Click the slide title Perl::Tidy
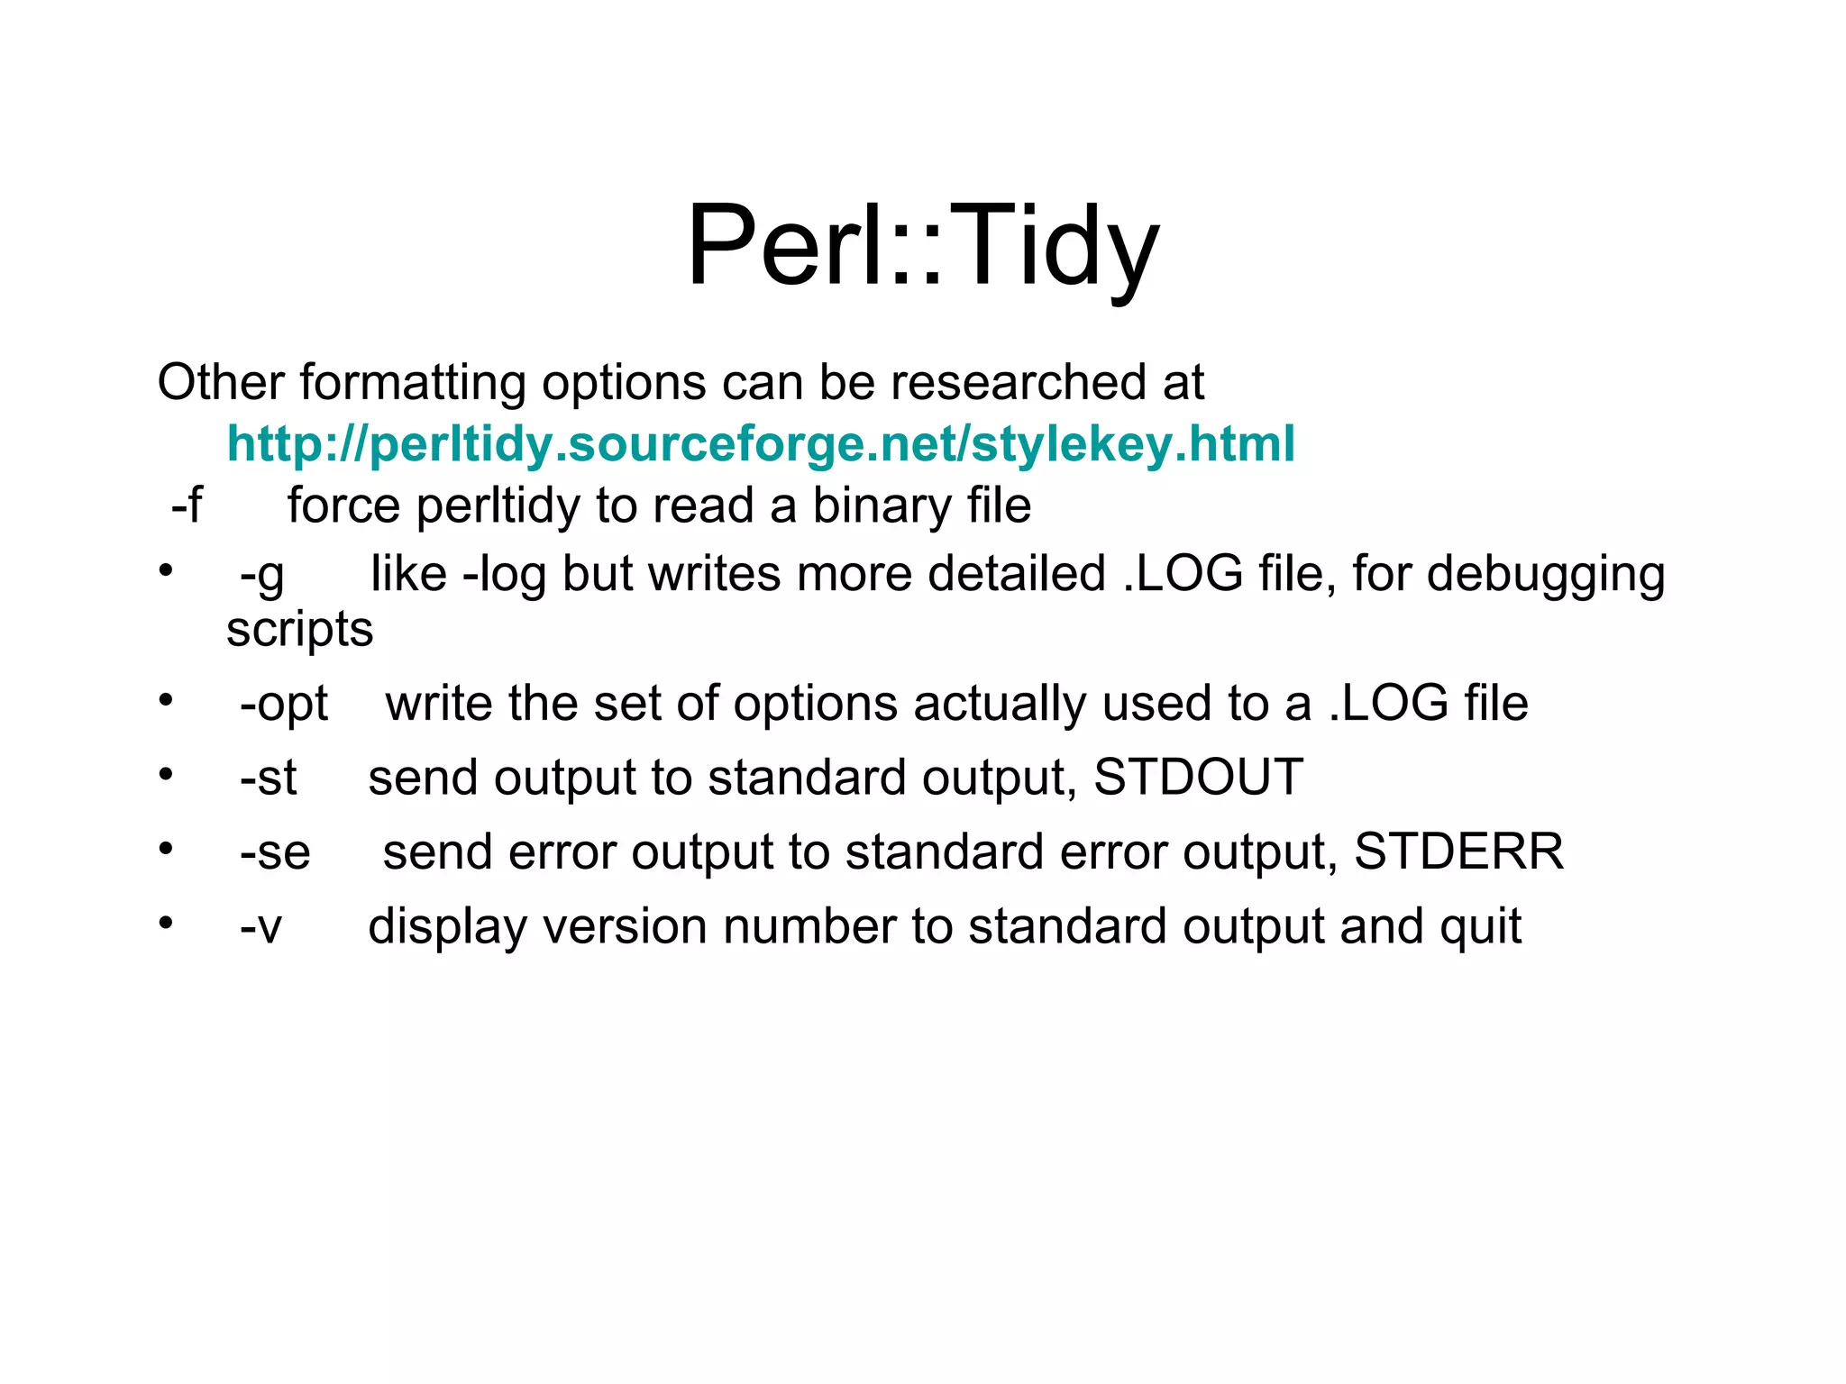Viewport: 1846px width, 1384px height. tap(922, 246)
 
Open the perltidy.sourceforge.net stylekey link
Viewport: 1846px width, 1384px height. tap(761, 443)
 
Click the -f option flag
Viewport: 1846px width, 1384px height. tap(187, 505)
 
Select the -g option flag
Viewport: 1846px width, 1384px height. tap(261, 575)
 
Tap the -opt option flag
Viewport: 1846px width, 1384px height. tap(284, 704)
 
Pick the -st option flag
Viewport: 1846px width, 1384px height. tap(268, 778)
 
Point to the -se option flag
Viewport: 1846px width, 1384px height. tap(275, 852)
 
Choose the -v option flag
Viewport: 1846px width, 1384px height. tap(260, 927)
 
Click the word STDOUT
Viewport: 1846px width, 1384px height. tap(1198, 777)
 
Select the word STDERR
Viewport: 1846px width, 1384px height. tap(1458, 851)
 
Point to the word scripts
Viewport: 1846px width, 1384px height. tap(299, 630)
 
